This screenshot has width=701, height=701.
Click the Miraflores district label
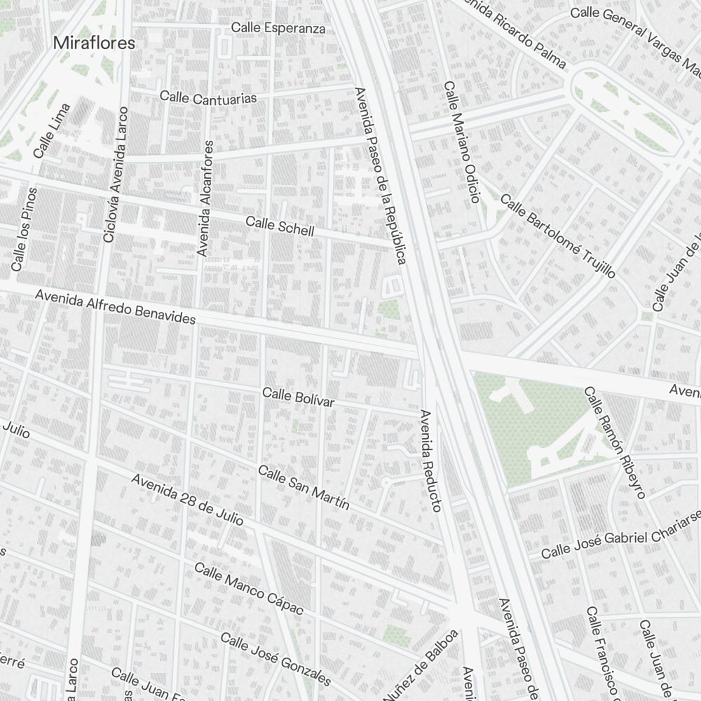tap(94, 43)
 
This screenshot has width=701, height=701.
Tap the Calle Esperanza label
tap(278, 28)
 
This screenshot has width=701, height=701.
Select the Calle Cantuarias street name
tap(208, 97)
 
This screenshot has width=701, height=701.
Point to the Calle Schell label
tap(280, 226)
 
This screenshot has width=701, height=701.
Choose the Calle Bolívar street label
tap(298, 397)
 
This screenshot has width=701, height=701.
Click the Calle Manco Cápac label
tap(249, 589)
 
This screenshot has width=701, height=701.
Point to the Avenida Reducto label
tap(430, 460)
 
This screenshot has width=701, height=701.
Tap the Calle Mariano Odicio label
tap(461, 142)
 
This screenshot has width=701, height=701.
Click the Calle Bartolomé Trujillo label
tap(557, 236)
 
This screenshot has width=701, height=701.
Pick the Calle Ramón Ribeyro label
tap(614, 442)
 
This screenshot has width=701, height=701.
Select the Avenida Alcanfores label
tap(205, 198)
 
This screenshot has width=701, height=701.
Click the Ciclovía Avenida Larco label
tap(116, 175)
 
